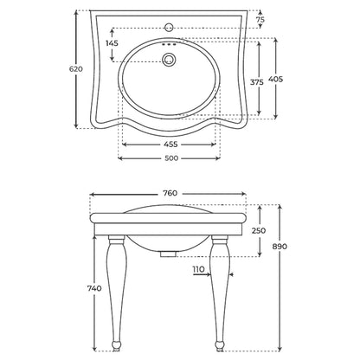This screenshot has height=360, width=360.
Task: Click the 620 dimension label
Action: pyautogui.click(x=76, y=69)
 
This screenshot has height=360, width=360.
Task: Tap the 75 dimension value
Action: pyautogui.click(x=260, y=20)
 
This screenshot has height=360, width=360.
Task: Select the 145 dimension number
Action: pyautogui.click(x=112, y=43)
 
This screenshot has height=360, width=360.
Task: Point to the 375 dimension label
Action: pyautogui.click(x=257, y=82)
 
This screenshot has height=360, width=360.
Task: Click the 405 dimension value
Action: pyautogui.click(x=275, y=79)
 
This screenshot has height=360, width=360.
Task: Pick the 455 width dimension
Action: pyautogui.click(x=170, y=145)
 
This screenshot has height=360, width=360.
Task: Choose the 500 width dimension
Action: pyautogui.click(x=171, y=158)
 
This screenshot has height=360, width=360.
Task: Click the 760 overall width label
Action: pyautogui.click(x=170, y=193)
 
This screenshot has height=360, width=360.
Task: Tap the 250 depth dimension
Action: pyautogui.click(x=259, y=230)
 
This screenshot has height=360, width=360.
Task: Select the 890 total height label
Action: pyautogui.click(x=280, y=247)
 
